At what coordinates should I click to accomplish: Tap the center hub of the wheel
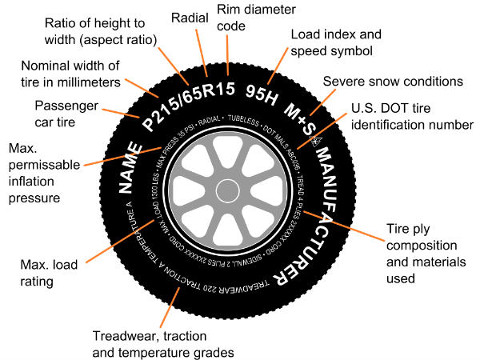(x=226, y=190)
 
